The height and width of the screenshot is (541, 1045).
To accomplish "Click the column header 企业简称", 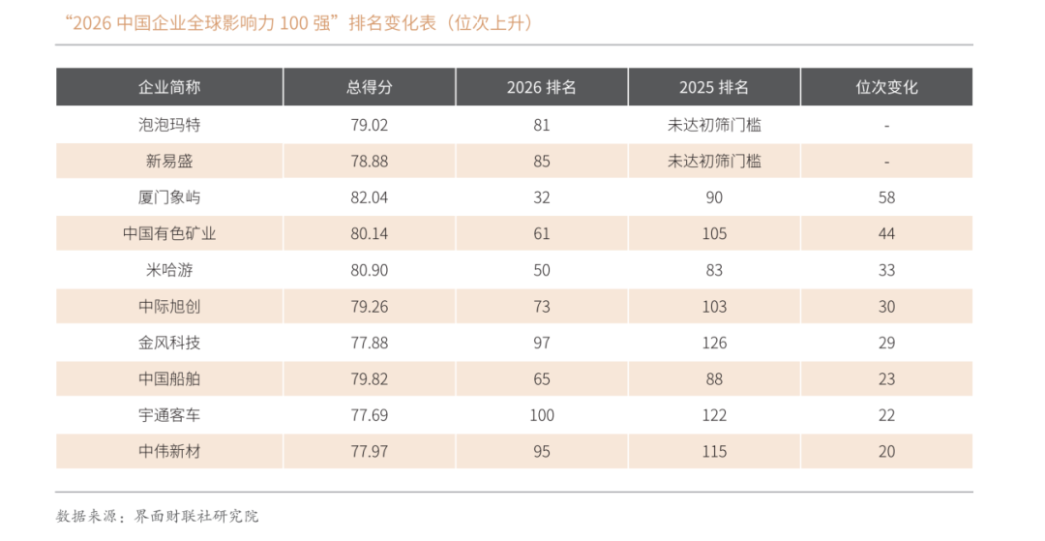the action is (x=169, y=87).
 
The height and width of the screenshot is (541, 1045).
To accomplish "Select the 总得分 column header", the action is (x=370, y=87).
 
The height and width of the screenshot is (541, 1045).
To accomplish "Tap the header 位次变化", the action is (x=886, y=87).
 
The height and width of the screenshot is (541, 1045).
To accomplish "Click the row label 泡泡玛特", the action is (x=169, y=125).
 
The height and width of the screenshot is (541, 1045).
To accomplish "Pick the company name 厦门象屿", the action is (x=169, y=197).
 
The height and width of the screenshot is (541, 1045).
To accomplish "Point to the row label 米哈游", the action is (x=169, y=270).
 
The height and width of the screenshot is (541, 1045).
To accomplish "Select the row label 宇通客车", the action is (x=169, y=415).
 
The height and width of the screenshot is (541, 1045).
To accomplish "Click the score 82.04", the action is (x=370, y=197).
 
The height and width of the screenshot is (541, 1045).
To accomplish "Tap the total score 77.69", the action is (x=370, y=416).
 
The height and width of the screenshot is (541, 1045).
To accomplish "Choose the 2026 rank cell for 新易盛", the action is (x=542, y=162).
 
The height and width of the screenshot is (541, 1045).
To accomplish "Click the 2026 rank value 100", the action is (x=542, y=416).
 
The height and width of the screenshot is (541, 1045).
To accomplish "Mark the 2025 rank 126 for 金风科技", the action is (x=714, y=344).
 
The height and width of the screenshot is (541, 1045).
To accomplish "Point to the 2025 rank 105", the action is (x=714, y=234).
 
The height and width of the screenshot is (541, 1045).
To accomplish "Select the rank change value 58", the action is (x=886, y=197).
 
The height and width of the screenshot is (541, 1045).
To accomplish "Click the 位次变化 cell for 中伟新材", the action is (x=886, y=452).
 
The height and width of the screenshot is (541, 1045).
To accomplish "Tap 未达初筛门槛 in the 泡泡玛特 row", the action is (x=714, y=125).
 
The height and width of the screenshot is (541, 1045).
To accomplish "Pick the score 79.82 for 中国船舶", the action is (x=370, y=379).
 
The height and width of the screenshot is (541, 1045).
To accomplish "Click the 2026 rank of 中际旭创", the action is (x=542, y=307).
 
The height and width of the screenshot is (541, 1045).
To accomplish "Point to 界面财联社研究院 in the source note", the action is (x=196, y=517).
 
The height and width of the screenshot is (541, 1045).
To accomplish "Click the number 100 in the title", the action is (x=294, y=24).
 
